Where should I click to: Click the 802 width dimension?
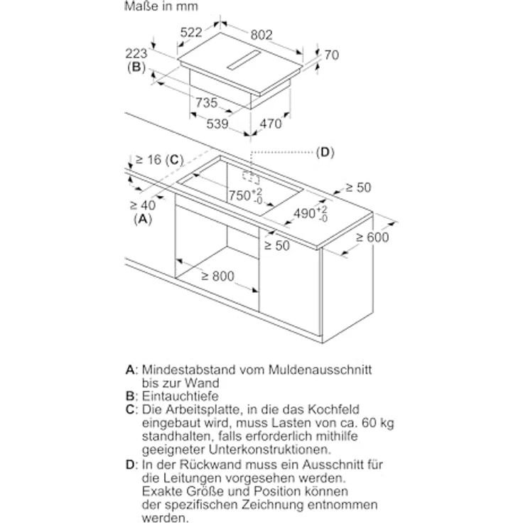pos(261,35)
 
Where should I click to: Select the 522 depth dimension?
pos(191,33)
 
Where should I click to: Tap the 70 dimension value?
pos(332,55)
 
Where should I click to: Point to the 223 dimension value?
pos(136,54)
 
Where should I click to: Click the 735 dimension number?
pos(207,102)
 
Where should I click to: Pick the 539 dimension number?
pos(217,124)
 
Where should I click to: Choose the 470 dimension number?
pos(271,124)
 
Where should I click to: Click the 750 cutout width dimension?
pos(245,196)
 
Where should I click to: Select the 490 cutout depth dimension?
pos(311,213)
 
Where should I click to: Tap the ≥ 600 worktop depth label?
pos(372,237)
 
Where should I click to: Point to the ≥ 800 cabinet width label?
pos(218,276)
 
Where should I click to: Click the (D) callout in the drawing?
pos(325,153)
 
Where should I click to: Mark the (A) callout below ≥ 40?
pos(143,219)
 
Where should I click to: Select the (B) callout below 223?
pos(136,67)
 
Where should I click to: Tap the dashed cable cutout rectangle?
pos(251,178)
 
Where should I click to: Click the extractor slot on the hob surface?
pos(244,60)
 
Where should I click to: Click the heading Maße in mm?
pos(161,6)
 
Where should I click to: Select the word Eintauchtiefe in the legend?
pos(180,397)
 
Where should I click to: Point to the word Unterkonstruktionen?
pos(270,450)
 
